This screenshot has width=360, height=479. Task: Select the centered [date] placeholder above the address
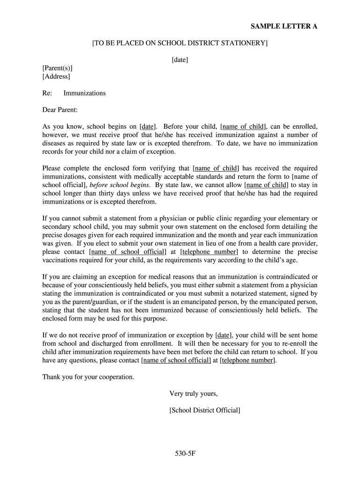(180, 59)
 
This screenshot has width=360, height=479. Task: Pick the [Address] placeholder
(56, 76)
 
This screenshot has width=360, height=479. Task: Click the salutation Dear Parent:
(60, 110)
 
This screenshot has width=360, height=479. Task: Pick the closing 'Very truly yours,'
(194, 393)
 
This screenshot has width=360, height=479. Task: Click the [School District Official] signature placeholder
(205, 410)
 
